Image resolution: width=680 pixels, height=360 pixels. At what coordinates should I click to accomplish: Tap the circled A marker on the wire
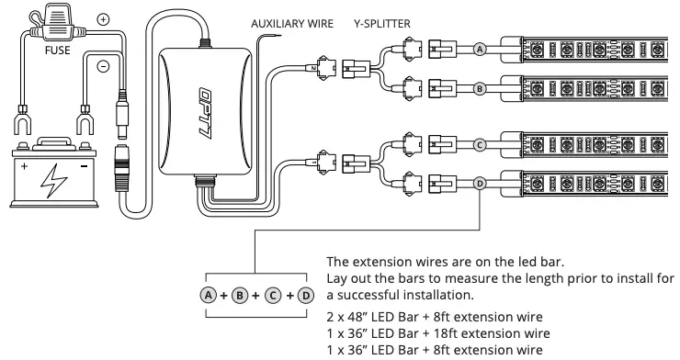479,50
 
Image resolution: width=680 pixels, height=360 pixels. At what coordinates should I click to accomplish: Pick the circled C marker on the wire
479,144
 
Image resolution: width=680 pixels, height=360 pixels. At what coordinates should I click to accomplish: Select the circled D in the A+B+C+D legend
305,297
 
